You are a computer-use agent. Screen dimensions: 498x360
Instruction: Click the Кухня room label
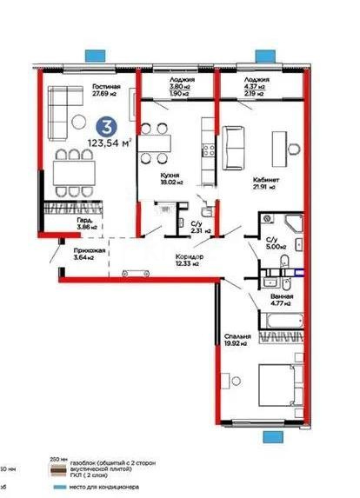(x=170, y=174)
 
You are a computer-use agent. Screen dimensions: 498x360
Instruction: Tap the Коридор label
(x=189, y=257)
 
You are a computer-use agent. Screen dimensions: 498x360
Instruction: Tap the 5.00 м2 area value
(x=273, y=246)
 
